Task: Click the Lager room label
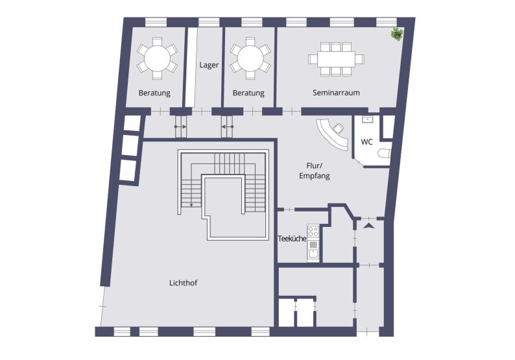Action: [209, 66]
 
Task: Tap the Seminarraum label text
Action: [336, 93]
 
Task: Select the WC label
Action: [366, 141]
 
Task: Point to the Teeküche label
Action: [292, 239]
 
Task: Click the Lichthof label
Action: [184, 283]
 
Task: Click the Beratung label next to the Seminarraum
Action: [248, 93]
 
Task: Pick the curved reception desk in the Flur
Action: [331, 134]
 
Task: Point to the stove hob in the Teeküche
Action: [313, 231]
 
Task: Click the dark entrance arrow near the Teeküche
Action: [369, 226]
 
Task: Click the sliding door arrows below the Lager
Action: [180, 127]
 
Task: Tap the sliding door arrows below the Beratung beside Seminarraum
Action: [227, 127]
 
